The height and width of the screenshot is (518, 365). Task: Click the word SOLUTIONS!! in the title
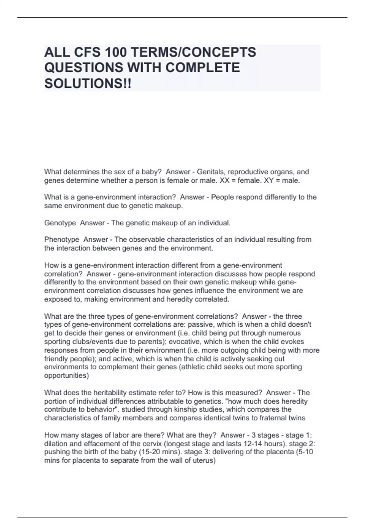88,83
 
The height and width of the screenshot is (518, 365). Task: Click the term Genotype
60,223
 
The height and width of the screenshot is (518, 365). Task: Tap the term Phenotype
61,239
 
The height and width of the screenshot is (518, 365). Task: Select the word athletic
193,367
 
